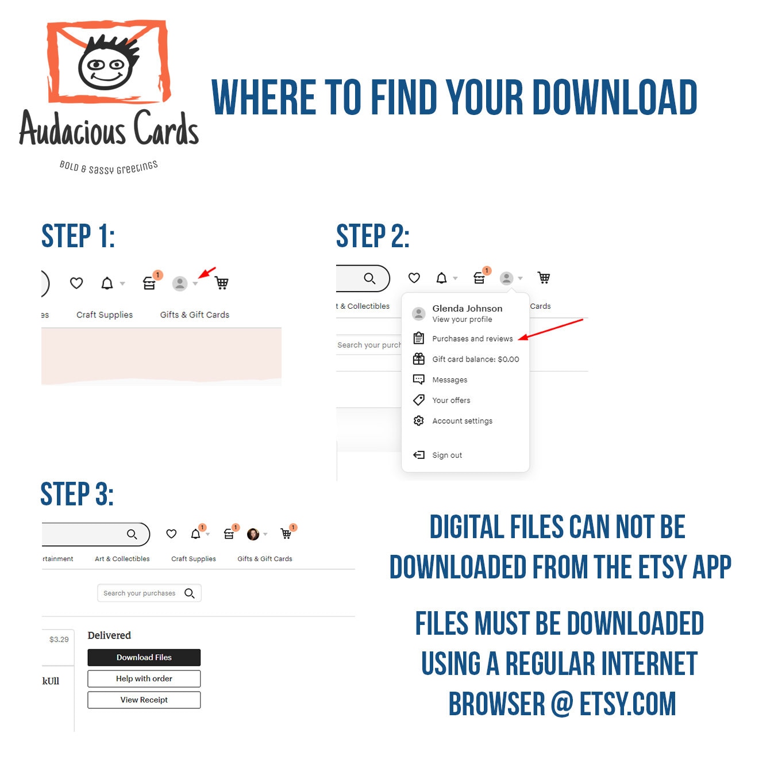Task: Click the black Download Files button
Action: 144,657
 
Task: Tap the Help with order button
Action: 144,678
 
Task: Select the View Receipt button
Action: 144,700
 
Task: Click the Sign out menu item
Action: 446,455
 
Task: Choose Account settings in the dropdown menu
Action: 462,421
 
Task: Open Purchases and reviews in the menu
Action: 472,338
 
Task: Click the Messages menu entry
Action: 449,379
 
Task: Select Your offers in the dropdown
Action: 451,400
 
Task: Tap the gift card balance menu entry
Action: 475,359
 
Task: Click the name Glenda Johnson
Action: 467,308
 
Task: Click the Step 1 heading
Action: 78,236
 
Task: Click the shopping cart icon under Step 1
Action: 221,282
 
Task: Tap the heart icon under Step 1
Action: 76,283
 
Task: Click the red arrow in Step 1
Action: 207,273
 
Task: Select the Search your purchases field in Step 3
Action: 149,593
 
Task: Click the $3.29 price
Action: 59,639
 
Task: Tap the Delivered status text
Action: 109,635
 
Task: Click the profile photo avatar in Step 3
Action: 253,534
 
